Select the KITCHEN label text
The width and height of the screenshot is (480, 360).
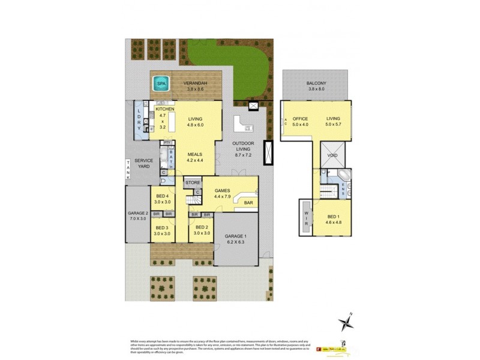pyautogui.click(x=164, y=110)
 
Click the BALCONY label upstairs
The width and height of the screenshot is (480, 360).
pyautogui.click(x=316, y=83)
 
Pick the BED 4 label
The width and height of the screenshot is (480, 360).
pyautogui.click(x=163, y=196)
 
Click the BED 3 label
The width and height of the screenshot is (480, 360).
pyautogui.click(x=163, y=228)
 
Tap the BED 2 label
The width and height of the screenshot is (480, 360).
pyautogui.click(x=202, y=228)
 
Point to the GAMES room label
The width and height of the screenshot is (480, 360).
pyautogui.click(x=223, y=190)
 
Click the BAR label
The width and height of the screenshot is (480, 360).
pyautogui.click(x=248, y=203)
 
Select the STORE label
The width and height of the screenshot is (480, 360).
pyautogui.click(x=193, y=182)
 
